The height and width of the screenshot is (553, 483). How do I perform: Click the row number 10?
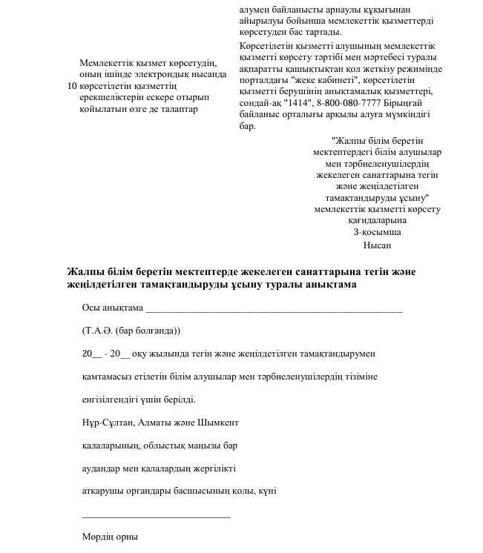pyautogui.click(x=72, y=86)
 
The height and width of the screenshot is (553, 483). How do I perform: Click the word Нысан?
pyautogui.click(x=377, y=245)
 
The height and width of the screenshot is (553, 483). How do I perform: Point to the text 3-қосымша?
pyautogui.click(x=377, y=232)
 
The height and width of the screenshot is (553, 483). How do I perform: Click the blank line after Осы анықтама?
pyautogui.click(x=274, y=309)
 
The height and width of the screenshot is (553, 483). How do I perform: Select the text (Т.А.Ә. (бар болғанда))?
pyautogui.click(x=131, y=331)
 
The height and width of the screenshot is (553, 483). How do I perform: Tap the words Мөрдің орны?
pyautogui.click(x=110, y=537)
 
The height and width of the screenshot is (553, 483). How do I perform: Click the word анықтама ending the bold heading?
pyautogui.click(x=329, y=285)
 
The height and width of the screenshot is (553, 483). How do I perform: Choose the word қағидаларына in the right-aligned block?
pyautogui.click(x=377, y=220)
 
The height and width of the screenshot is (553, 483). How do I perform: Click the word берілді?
pyautogui.click(x=178, y=400)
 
